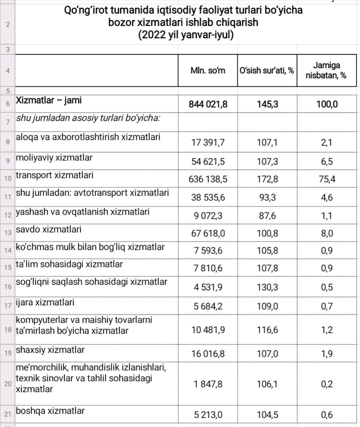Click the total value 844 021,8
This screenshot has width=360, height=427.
208,104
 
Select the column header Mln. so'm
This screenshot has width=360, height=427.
208,70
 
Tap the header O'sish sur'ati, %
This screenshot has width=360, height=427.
267,70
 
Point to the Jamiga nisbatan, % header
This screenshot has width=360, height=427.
326,70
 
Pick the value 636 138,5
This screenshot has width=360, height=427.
208,179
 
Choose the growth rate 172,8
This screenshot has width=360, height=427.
267,179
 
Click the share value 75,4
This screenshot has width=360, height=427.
327,179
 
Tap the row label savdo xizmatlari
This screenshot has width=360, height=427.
49,230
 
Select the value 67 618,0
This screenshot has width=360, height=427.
208,233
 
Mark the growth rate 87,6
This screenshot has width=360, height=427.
267,216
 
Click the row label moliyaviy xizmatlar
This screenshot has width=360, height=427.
54,157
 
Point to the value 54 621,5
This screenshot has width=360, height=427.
208,161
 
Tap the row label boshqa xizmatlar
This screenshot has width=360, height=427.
50,411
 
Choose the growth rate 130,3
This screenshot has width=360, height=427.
267,287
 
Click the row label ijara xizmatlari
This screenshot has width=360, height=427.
45,302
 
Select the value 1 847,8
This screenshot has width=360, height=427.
208,384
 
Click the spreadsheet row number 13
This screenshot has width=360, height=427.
8,233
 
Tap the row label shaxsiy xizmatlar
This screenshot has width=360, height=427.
50,350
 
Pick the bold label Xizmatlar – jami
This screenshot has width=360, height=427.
49,100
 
